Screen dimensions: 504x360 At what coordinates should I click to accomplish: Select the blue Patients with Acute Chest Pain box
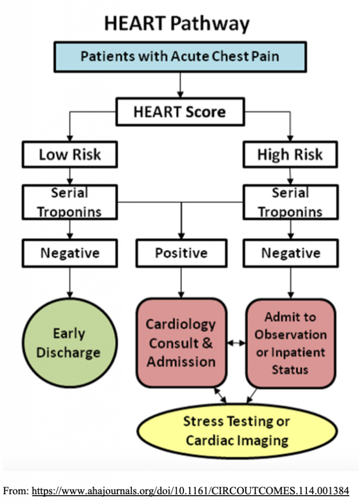[180, 56]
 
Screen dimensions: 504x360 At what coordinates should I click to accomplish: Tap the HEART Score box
[180, 112]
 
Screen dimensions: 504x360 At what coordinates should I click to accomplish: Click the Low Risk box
[69, 155]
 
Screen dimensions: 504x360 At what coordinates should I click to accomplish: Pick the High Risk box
[290, 155]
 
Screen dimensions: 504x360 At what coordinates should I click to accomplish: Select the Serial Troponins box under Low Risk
[69, 202]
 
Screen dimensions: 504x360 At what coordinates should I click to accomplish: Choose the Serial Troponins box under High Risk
[290, 202]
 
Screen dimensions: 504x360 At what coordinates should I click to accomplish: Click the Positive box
[181, 253]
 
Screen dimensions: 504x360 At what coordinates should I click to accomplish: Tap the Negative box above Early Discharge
[69, 253]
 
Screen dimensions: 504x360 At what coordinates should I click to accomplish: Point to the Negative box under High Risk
[290, 253]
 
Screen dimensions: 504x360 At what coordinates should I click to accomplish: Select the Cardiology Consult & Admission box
[181, 343]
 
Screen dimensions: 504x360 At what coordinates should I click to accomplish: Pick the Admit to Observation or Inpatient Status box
[290, 343]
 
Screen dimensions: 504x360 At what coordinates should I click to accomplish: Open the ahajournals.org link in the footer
[190, 491]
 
